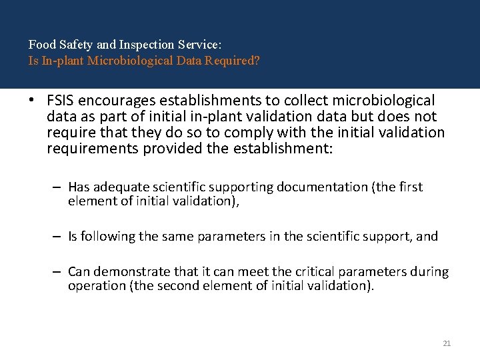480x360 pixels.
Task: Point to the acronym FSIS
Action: click(x=61, y=101)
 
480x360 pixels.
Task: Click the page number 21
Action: click(x=447, y=343)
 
